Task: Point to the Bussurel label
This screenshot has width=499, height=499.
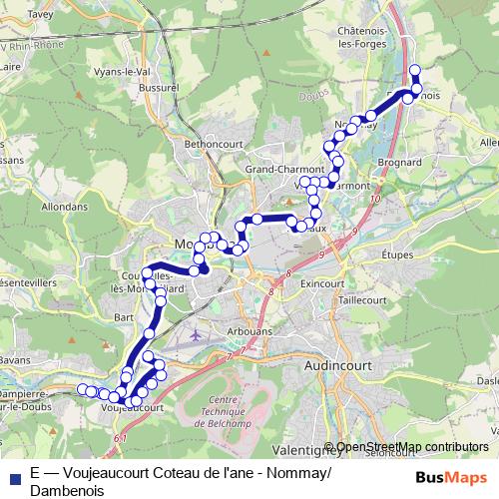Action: coord(159,88)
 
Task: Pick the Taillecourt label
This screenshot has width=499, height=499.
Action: coord(361,299)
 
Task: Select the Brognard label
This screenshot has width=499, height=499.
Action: coord(403,162)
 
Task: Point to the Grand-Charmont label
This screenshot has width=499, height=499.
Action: coord(277,170)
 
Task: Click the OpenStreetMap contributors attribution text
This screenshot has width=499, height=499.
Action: coord(413,447)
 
